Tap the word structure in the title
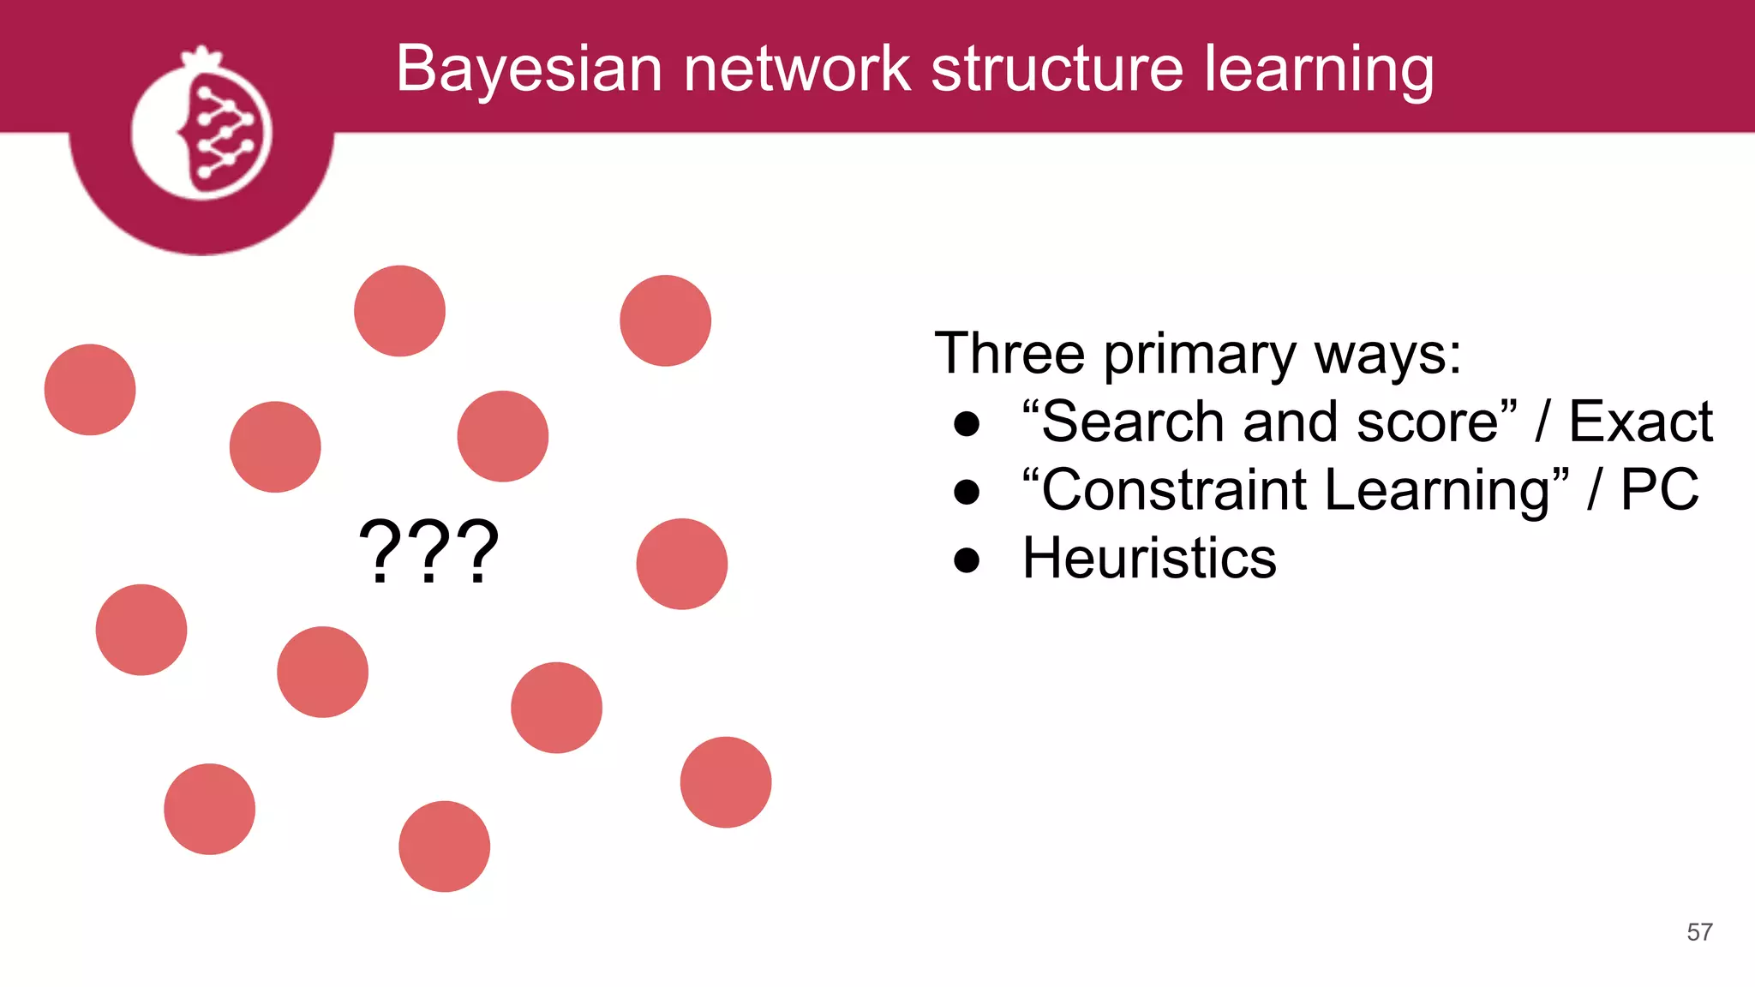pyautogui.click(x=1057, y=69)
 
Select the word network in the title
pyautogui.click(x=796, y=69)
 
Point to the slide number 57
pyautogui.click(x=1699, y=932)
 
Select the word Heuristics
pyautogui.click(x=1149, y=558)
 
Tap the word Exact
pyautogui.click(x=1640, y=422)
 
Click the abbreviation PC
pyautogui.click(x=1659, y=490)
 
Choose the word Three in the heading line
pyautogui.click(x=1009, y=353)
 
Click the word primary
pyautogui.click(x=1200, y=355)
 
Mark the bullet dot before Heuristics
pyautogui.click(x=967, y=560)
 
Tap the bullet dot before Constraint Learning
pyautogui.click(x=967, y=492)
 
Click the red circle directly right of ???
pyautogui.click(x=681, y=564)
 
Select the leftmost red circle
pyautogui.click(x=90, y=390)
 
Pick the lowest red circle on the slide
pyautogui.click(x=444, y=846)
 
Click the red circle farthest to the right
pyautogui.click(x=725, y=782)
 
